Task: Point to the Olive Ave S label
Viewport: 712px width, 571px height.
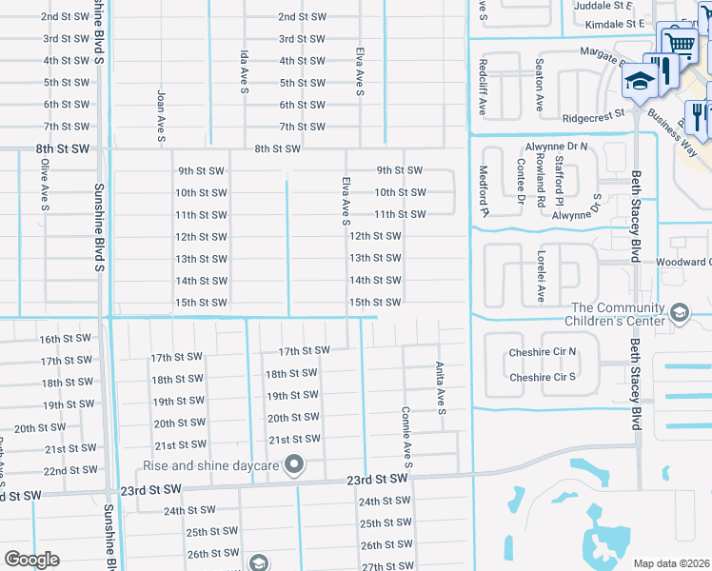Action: pyautogui.click(x=45, y=183)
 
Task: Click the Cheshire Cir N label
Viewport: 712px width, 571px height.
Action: pyautogui.click(x=543, y=351)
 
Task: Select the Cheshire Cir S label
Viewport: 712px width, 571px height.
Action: pyautogui.click(x=543, y=377)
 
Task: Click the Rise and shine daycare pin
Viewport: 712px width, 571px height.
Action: pyautogui.click(x=294, y=465)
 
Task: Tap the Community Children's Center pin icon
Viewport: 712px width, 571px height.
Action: pyautogui.click(x=680, y=312)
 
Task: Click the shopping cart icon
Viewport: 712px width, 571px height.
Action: pyautogui.click(x=679, y=42)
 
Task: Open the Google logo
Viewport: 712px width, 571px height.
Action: pyautogui.click(x=31, y=560)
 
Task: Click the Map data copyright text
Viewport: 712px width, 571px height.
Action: pyautogui.click(x=671, y=563)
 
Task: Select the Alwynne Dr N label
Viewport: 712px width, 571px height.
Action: pyautogui.click(x=556, y=148)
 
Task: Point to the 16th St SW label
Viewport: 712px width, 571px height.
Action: pyautogui.click(x=65, y=339)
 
